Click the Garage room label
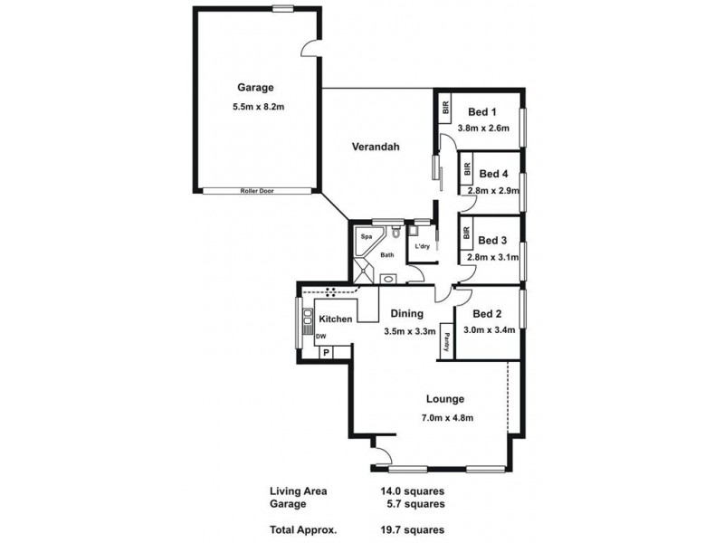tap(255, 88)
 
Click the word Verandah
tap(376, 147)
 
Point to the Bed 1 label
tap(481, 112)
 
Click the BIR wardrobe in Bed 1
tap(445, 108)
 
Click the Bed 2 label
tap(487, 314)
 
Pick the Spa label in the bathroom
tap(367, 237)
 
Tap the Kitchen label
tap(335, 319)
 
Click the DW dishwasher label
tap(321, 337)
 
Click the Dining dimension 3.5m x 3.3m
tap(408, 331)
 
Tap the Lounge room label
tap(443, 398)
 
